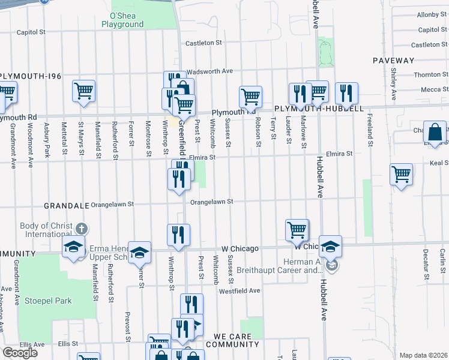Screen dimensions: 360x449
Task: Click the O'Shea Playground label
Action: pos(122,20)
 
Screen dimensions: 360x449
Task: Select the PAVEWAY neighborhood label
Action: pos(393,61)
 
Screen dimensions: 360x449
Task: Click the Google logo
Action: pos(20,352)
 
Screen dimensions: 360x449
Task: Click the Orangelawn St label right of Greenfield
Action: pos(211,202)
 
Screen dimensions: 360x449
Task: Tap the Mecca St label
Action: pos(430,89)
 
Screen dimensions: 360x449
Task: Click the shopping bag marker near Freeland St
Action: pos(435,131)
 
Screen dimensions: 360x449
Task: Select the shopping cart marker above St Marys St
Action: pos(84,91)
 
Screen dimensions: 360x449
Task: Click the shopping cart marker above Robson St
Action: pos(250,96)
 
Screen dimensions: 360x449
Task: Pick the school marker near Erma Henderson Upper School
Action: pos(139,252)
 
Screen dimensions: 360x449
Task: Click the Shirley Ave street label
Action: pos(394,83)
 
